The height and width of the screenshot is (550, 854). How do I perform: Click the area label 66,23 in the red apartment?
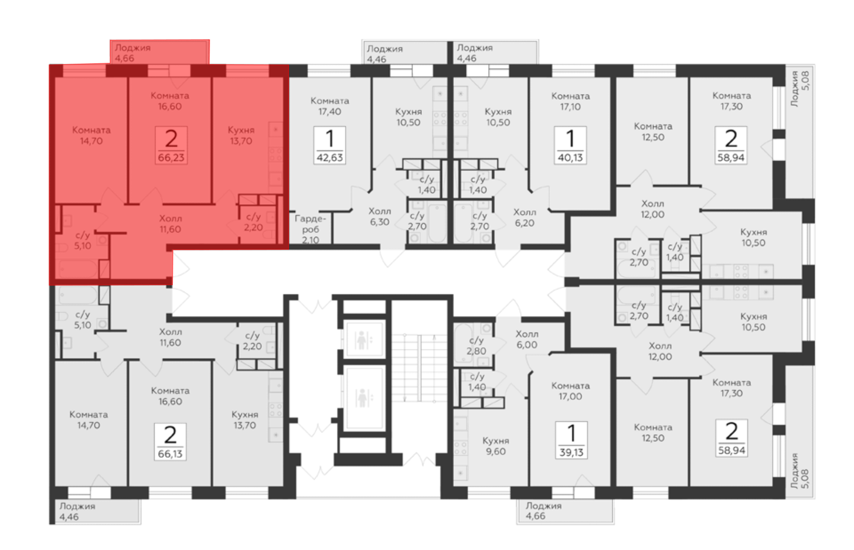click(171, 158)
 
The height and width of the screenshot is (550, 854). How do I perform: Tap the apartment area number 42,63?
click(330, 158)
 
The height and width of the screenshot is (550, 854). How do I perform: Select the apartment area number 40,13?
click(570, 158)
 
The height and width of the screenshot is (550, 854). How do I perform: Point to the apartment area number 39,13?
click(571, 452)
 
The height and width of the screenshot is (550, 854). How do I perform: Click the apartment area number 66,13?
click(170, 454)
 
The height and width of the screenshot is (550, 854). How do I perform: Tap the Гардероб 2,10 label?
click(310, 229)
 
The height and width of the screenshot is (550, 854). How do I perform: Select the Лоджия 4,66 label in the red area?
click(133, 53)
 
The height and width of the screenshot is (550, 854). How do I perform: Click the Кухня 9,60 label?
click(496, 446)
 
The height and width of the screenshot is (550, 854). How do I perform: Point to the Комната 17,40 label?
click(330, 106)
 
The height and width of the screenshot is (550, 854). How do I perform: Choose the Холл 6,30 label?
click(380, 216)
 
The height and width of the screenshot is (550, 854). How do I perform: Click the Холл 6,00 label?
click(527, 339)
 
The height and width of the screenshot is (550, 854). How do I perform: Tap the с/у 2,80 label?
click(476, 346)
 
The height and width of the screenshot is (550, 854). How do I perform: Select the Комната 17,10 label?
click(570, 102)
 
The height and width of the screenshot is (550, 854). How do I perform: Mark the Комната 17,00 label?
click(570, 391)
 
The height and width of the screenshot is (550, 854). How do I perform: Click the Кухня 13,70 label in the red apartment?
click(241, 135)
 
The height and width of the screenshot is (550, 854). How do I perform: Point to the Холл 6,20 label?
click(524, 217)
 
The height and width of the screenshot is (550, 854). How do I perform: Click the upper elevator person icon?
click(362, 340)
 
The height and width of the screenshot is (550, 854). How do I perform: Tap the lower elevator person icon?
click(362, 398)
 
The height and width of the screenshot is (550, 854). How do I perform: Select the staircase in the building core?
click(419, 368)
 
